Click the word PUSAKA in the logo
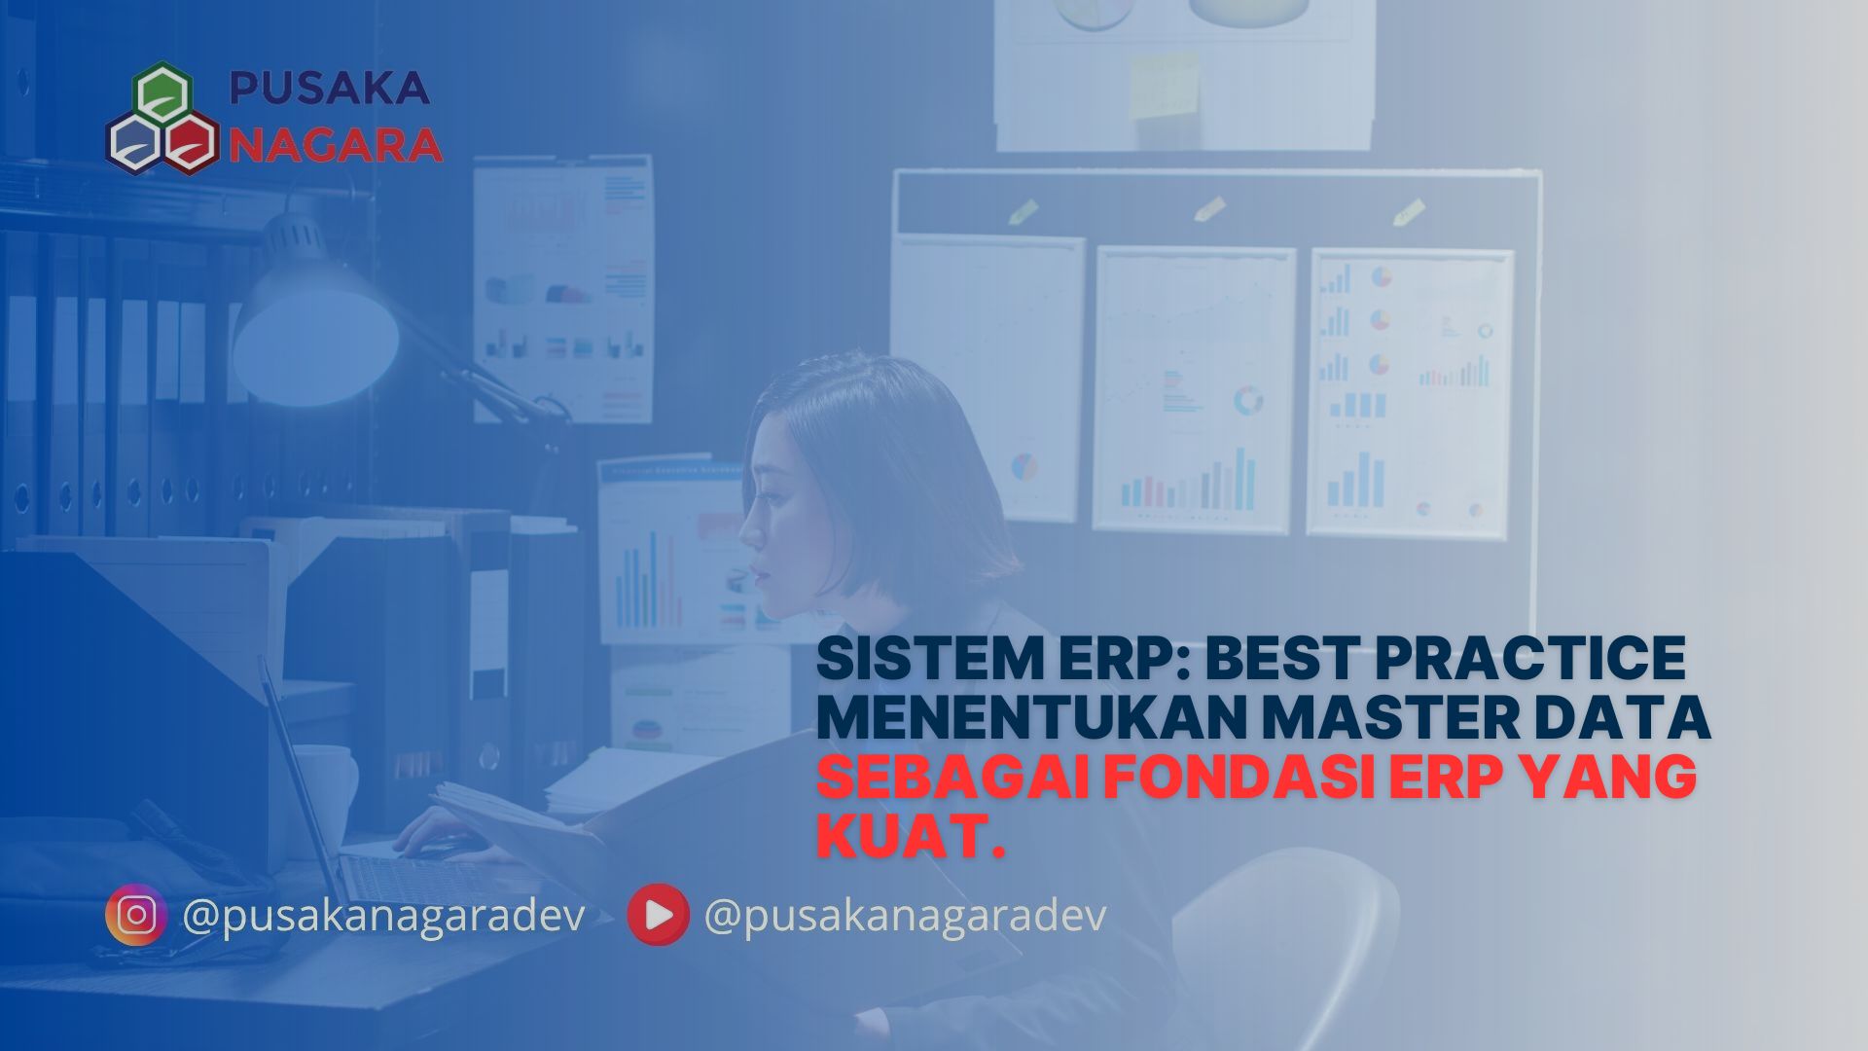(329, 89)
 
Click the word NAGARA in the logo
(337, 145)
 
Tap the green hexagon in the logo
(162, 94)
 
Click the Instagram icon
(136, 915)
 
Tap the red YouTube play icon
(658, 915)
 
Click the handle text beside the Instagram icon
(383, 916)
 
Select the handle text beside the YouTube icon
(905, 916)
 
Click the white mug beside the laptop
(327, 788)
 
